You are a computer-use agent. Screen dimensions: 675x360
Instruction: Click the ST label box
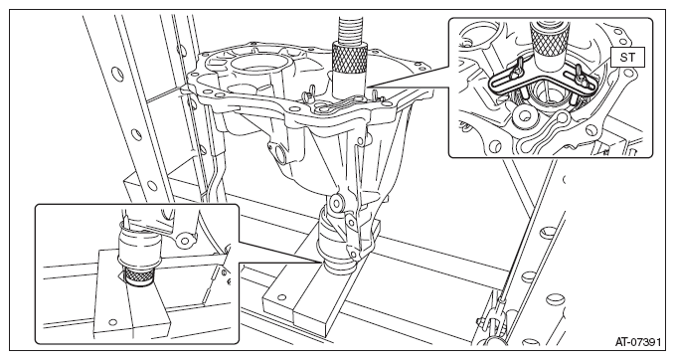[627, 58]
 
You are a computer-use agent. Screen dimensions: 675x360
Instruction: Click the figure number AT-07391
[637, 342]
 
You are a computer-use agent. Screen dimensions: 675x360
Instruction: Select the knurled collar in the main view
[349, 56]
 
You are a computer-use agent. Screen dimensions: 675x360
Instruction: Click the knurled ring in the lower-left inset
[137, 275]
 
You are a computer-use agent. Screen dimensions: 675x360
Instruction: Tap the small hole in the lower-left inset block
[112, 321]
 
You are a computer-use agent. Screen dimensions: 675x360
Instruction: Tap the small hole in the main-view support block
[281, 296]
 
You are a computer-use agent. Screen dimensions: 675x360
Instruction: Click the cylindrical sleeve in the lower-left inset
[139, 248]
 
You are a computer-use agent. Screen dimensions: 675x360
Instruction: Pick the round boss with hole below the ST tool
[525, 115]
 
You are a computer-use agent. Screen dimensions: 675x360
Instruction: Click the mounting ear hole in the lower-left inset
[186, 240]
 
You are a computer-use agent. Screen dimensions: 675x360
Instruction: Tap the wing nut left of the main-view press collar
[308, 91]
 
